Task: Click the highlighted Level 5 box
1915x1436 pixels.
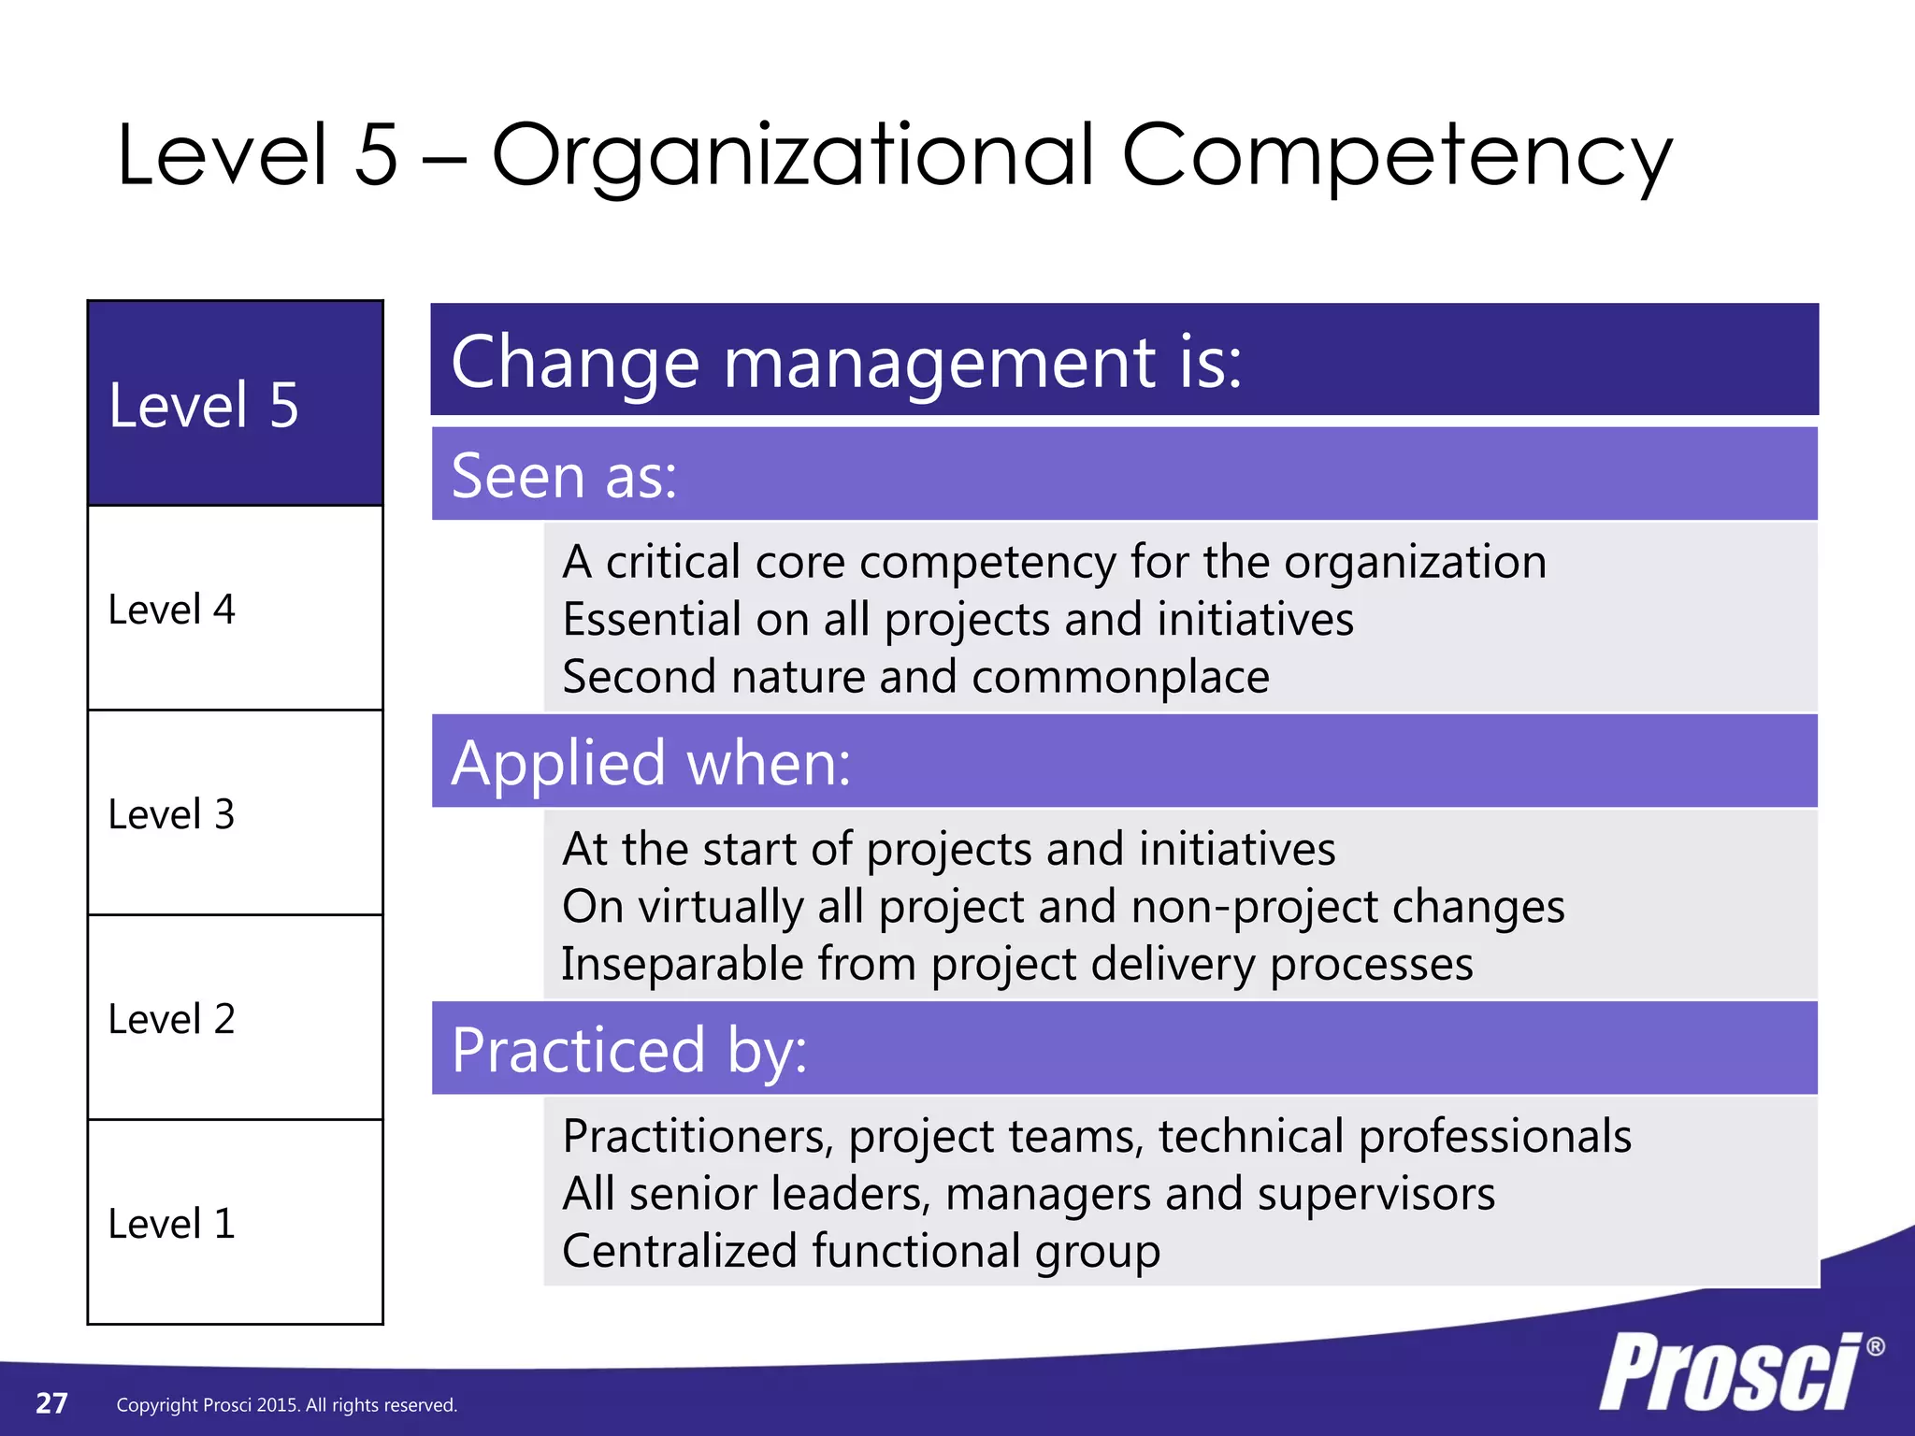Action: [x=235, y=404]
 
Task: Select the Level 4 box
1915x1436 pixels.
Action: [x=235, y=609]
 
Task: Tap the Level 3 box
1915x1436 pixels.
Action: [x=235, y=813]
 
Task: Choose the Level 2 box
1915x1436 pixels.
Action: [x=235, y=1018]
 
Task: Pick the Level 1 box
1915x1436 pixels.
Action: [x=235, y=1223]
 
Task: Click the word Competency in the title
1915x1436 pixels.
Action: [x=1396, y=156]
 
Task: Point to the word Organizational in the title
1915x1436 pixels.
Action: [x=793, y=156]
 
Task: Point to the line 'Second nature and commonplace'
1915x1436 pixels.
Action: [x=915, y=676]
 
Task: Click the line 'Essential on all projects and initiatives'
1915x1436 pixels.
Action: [x=957, y=619]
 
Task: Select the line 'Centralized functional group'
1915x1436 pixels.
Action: [x=860, y=1251]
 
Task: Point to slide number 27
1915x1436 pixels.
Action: [x=51, y=1403]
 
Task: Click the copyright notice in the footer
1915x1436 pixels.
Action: [x=286, y=1405]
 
